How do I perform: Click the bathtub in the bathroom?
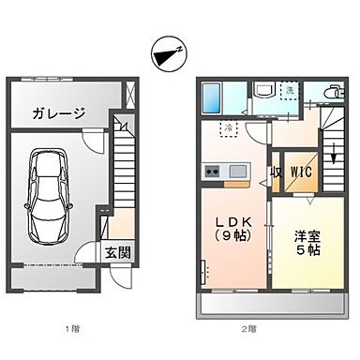[x=211, y=97]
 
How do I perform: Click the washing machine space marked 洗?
[x=291, y=90]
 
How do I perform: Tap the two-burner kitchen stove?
[x=212, y=171]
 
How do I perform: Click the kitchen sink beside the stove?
[x=235, y=171]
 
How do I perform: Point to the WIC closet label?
[x=300, y=172]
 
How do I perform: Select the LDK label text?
[x=230, y=221]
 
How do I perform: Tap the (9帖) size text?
[x=231, y=237]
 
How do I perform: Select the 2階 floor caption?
[x=247, y=328]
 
